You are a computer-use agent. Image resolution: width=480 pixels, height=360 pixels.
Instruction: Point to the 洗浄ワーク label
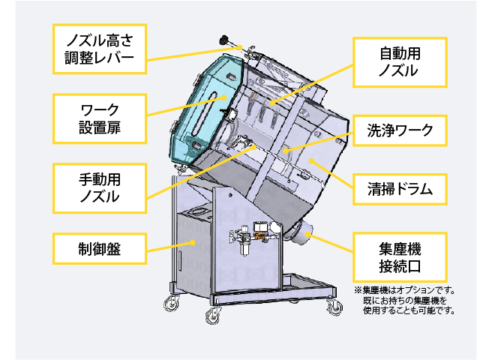click(x=400, y=130)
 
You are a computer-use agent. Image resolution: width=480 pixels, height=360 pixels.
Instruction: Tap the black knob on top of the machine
click(x=223, y=40)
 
